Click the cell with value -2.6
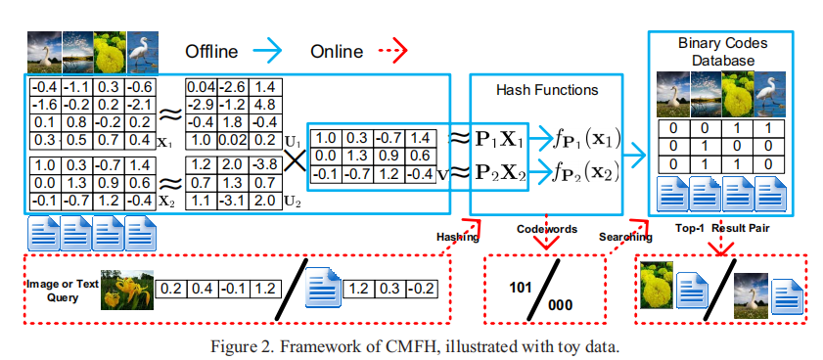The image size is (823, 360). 235,88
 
